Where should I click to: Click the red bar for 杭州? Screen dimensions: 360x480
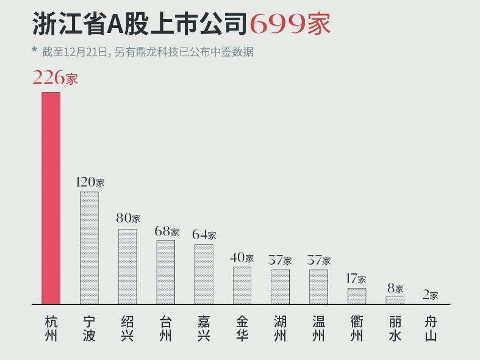tap(51, 198)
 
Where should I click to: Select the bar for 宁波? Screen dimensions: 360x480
tap(89, 247)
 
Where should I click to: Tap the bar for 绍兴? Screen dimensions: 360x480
tap(127, 266)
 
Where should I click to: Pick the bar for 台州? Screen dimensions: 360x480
tap(165, 272)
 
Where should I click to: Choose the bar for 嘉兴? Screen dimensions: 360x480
tap(204, 274)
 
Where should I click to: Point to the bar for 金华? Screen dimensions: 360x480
tap(242, 285)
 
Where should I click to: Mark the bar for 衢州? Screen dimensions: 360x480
tap(357, 296)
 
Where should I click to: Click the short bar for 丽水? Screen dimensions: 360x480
tap(395, 300)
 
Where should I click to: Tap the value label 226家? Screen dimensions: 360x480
tap(55, 78)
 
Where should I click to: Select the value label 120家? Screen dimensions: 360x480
tap(90, 182)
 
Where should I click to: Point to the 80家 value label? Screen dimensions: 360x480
tap(128, 218)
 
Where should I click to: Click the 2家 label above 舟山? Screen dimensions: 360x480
tap(430, 295)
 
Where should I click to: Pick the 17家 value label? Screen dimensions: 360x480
tap(356, 279)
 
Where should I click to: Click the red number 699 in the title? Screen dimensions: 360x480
tap(278, 24)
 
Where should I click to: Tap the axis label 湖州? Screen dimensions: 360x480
tap(280, 328)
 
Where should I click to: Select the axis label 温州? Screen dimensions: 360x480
tap(318, 328)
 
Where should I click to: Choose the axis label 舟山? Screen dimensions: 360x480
tap(431, 328)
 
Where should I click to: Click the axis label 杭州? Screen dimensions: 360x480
tap(51, 328)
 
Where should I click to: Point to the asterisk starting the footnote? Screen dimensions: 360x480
tap(34, 50)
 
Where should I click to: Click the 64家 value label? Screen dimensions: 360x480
tap(204, 234)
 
